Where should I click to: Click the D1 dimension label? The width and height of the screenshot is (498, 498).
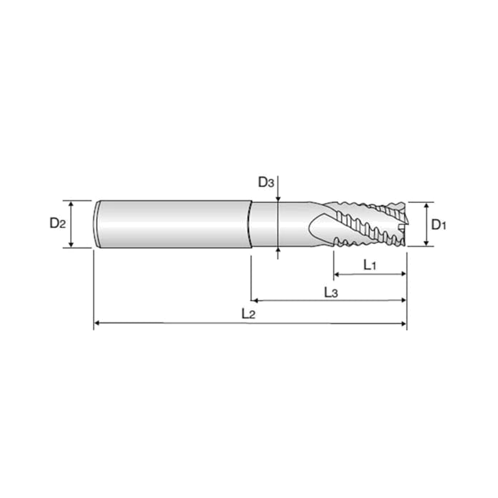[438, 225]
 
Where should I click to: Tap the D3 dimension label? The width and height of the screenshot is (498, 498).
[266, 183]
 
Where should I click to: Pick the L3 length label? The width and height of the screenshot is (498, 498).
[331, 293]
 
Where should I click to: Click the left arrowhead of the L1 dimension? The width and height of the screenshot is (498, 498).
[336, 274]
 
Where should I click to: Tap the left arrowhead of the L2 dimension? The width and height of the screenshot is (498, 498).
[97, 322]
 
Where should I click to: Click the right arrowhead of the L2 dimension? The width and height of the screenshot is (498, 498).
[404, 324]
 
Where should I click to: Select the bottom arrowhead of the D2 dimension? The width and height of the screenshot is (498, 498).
[72, 244]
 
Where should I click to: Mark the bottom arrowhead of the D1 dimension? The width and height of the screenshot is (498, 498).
[426, 243]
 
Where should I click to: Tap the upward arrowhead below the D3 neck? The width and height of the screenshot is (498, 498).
[278, 250]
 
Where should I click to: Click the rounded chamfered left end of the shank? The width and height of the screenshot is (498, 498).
[97, 224]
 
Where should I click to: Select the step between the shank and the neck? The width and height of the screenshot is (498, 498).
[250, 224]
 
